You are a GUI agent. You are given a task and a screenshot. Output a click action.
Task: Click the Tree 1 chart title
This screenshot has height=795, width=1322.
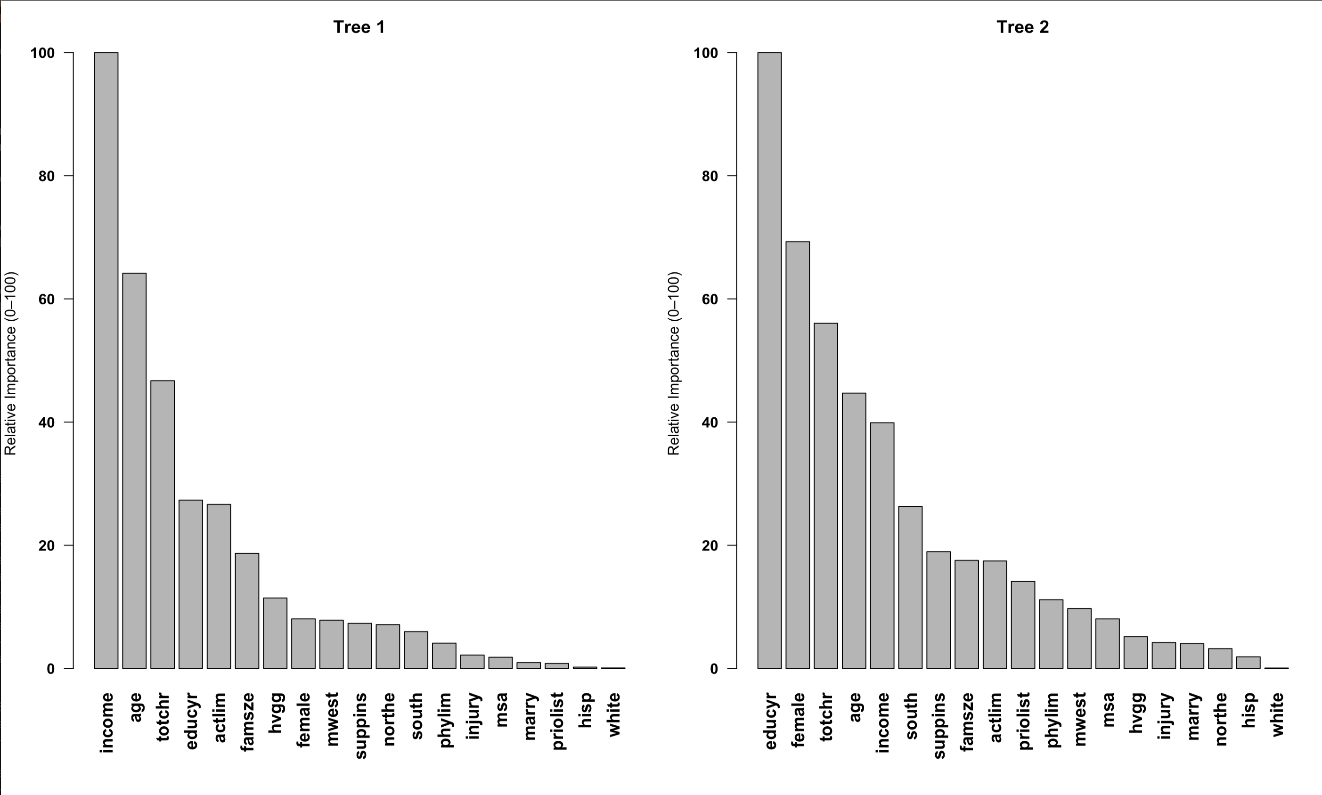359,27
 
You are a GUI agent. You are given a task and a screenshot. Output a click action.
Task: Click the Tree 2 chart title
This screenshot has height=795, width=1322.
1022,27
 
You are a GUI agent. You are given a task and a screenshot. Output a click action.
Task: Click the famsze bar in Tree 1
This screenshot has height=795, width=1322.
247,611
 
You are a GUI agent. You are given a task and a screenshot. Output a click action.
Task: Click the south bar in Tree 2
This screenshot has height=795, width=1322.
910,587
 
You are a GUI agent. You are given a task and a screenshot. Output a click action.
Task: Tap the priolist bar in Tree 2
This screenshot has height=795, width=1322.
1023,625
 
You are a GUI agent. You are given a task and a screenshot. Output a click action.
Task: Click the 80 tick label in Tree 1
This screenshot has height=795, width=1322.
47,176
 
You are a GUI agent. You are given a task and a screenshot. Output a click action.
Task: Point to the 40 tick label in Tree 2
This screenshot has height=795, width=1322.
710,422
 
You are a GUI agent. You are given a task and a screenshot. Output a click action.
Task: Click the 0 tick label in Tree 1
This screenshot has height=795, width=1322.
51,669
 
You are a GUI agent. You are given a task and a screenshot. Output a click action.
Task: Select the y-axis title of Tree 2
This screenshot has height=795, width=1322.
674,364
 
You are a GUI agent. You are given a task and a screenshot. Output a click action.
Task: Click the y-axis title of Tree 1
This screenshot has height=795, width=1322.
11,364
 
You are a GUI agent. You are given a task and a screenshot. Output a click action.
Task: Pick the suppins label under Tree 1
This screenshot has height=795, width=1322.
360,725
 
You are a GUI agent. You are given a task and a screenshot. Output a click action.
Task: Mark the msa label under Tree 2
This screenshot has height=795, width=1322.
1108,709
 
